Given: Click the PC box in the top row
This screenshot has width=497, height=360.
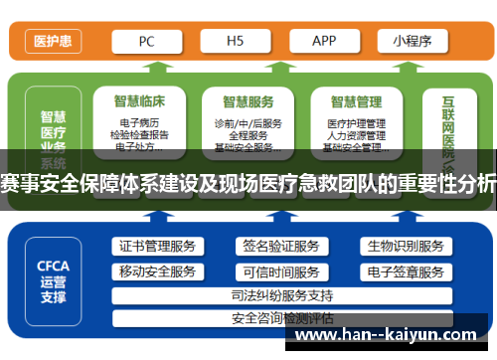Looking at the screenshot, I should tap(146, 42).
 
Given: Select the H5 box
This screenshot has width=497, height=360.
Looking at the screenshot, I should tap(236, 42).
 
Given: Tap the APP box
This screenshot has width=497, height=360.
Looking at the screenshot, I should tap(323, 42).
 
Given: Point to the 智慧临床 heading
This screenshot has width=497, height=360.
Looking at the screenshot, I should tap(138, 101).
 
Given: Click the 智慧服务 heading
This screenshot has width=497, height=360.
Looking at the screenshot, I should tap(248, 101).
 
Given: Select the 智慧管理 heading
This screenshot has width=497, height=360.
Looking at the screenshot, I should tap(356, 101).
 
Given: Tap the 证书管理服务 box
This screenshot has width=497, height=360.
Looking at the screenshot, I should tap(157, 246).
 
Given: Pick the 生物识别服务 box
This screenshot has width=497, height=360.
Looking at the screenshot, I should tap(405, 246).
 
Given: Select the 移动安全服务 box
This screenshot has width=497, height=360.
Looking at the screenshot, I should tap(157, 270).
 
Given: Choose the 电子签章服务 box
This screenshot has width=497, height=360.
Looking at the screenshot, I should tap(405, 270).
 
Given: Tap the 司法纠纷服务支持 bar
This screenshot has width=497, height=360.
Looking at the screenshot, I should tap(281, 295).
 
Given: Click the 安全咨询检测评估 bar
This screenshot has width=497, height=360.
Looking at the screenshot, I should tap(281, 318).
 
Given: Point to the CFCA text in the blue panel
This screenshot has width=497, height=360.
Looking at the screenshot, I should tap(53, 267).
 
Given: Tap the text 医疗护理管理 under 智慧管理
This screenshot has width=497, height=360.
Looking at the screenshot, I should tap(355, 123).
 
